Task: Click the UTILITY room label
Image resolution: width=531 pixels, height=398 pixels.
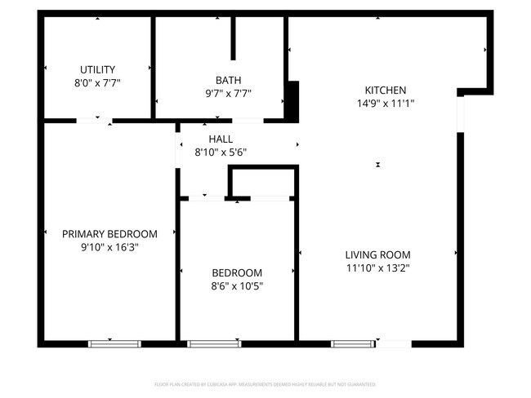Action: click(97, 69)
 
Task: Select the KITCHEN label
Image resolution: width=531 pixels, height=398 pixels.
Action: click(385, 90)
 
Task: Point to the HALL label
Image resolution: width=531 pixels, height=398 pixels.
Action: click(221, 139)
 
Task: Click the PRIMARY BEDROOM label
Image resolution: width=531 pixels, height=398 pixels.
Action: click(109, 234)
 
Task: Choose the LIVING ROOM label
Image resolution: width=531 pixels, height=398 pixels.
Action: click(377, 254)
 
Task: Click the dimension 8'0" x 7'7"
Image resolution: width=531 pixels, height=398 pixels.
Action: click(97, 82)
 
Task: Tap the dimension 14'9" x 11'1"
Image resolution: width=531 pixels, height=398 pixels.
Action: click(385, 103)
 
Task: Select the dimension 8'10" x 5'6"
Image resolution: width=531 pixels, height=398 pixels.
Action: click(221, 152)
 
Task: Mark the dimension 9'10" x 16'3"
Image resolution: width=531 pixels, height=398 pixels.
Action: click(109, 247)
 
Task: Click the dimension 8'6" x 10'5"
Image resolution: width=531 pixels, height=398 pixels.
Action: click(237, 286)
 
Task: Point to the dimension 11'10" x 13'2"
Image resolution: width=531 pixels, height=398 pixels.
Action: click(377, 268)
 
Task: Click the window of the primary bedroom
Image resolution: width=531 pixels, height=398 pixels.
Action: click(114, 343)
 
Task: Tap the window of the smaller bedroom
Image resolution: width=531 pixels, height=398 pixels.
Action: click(214, 343)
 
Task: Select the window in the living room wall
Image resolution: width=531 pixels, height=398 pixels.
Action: click(353, 343)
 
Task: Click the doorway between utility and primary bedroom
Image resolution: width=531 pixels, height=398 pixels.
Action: click(94, 121)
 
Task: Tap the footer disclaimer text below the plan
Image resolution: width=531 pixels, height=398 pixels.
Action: click(265, 383)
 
